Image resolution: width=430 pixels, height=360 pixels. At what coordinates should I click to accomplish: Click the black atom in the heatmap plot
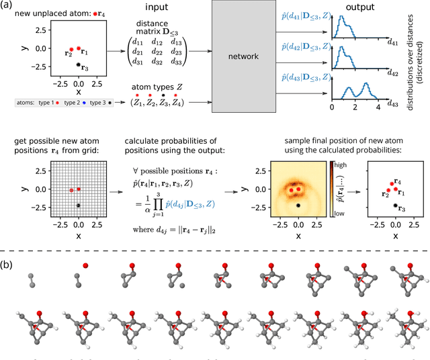coord(298,206)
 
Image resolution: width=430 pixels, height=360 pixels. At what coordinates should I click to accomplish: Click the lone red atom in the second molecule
coord(85,266)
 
